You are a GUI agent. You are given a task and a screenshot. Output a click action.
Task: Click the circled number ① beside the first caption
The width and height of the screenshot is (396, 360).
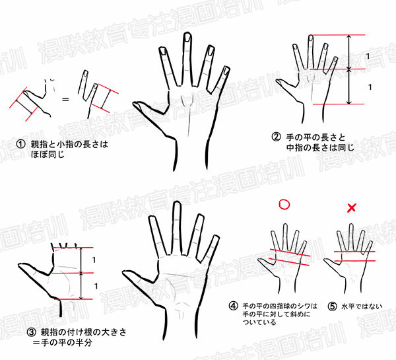click(x=20, y=144)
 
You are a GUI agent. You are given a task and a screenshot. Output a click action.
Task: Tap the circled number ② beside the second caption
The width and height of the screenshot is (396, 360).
click(x=276, y=137)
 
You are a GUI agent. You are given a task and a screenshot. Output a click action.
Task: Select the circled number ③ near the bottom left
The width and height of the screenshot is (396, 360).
click(x=32, y=332)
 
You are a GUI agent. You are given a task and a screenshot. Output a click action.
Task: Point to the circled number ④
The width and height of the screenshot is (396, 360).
click(x=233, y=306)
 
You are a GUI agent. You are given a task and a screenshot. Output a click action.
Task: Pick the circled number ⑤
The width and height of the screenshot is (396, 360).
click(x=333, y=306)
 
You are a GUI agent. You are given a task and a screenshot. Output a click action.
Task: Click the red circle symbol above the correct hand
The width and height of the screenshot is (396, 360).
click(x=284, y=205)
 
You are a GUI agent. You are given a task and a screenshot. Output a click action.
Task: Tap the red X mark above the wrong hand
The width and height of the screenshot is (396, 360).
click(x=352, y=208)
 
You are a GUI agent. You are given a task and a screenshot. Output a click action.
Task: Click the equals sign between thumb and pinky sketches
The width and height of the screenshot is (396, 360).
click(x=65, y=99)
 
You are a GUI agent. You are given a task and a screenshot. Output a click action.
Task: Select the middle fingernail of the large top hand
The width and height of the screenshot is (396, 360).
click(x=187, y=38)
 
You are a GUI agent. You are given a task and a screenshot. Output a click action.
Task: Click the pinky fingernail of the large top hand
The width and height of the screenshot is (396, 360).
click(x=226, y=71)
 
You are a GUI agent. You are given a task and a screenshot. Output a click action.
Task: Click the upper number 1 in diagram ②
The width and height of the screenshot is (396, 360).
click(x=368, y=56)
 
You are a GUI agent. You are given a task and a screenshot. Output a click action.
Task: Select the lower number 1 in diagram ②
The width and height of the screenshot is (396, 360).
click(x=370, y=87)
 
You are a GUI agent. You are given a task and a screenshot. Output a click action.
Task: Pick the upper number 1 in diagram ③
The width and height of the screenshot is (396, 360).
click(x=94, y=260)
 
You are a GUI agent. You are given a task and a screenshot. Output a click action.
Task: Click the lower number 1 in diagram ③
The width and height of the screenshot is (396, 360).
click(x=96, y=286)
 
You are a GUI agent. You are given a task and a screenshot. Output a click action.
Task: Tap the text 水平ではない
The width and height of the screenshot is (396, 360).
click(x=362, y=306)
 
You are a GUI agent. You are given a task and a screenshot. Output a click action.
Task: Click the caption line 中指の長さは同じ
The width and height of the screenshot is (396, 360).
click(x=320, y=148)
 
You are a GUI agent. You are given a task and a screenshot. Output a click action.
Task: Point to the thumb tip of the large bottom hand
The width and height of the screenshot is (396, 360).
click(x=124, y=273)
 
